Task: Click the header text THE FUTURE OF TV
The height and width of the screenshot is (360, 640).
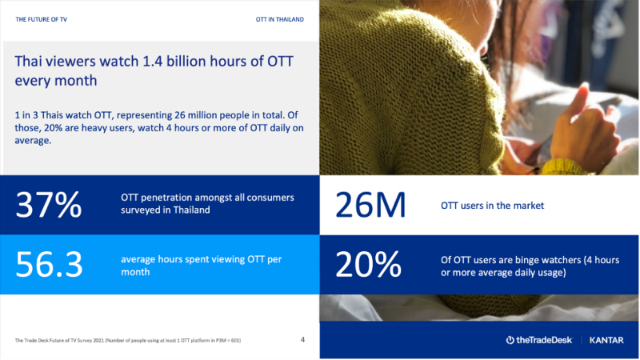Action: tap(42, 19)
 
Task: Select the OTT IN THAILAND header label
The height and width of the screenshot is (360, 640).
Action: tap(279, 19)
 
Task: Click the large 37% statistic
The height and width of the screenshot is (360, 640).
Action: tap(49, 205)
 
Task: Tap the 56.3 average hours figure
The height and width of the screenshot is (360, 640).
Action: tap(49, 265)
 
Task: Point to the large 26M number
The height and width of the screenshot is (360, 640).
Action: tap(370, 205)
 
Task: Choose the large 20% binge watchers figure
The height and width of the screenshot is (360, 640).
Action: tap(369, 265)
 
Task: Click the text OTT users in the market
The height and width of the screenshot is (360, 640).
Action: tap(492, 206)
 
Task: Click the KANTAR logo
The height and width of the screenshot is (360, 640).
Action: tap(606, 340)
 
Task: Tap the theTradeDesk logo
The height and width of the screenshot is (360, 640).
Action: tap(539, 340)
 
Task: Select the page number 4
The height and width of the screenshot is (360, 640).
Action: tap(302, 339)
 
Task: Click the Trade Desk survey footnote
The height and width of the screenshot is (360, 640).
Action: tap(128, 340)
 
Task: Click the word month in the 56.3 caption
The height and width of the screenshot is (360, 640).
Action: tap(135, 272)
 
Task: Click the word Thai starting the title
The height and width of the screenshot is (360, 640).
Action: tap(30, 62)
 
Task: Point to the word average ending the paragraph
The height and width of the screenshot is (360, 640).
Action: tap(33, 141)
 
